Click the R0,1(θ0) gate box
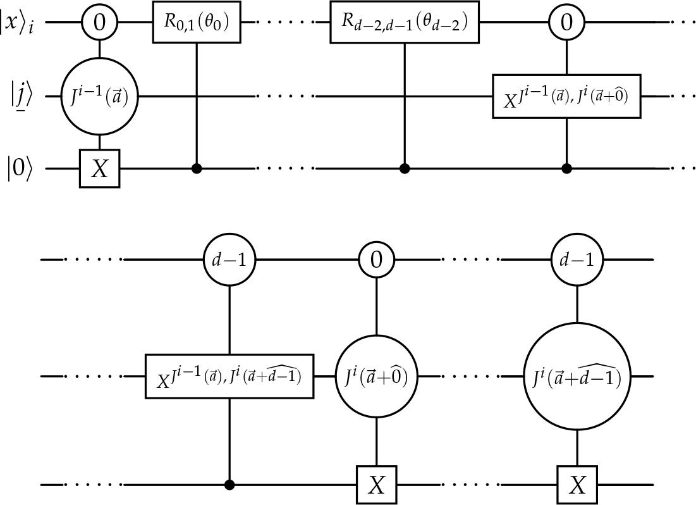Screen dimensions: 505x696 pyautogui.click(x=197, y=23)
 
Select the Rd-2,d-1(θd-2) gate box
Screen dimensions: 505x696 pyautogui.click(x=405, y=23)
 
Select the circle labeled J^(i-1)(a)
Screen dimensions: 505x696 pyautogui.click(x=99, y=97)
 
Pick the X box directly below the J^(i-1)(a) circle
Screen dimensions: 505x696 pyautogui.click(x=99, y=169)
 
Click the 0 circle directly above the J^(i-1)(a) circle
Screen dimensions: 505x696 pyautogui.click(x=99, y=23)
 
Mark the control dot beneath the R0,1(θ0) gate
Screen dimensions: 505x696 pyautogui.click(x=197, y=169)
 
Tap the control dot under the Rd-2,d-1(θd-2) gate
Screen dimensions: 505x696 pyautogui.click(x=405, y=169)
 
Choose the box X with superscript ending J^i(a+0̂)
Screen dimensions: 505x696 pyautogui.click(x=566, y=97)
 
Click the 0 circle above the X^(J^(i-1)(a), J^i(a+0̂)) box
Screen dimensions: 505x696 pyautogui.click(x=566, y=23)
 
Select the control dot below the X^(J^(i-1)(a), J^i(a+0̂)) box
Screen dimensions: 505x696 pyautogui.click(x=566, y=169)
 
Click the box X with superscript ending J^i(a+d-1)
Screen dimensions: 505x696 pyautogui.click(x=229, y=377)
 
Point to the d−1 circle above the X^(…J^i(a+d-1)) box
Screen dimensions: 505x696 pyautogui.click(x=229, y=259)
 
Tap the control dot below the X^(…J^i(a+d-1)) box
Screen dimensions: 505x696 pyautogui.click(x=229, y=485)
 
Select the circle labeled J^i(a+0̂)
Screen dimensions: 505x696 pyautogui.click(x=377, y=377)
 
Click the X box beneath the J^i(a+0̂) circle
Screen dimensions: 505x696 pyautogui.click(x=377, y=485)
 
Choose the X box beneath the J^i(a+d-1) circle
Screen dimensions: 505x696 pyautogui.click(x=577, y=485)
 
